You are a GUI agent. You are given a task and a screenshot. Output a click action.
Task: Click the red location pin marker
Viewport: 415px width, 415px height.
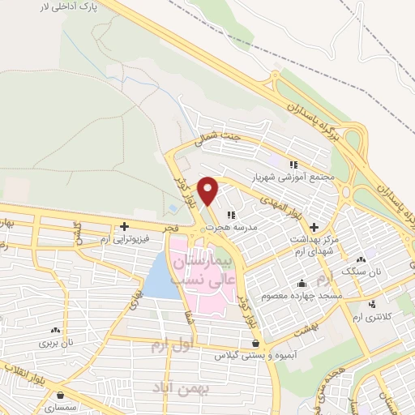click(208, 190)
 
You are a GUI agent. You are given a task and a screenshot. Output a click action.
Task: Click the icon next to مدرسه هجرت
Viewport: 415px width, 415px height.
click(231, 215)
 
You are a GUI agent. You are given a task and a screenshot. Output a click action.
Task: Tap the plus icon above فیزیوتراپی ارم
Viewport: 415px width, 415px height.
click(124, 226)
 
